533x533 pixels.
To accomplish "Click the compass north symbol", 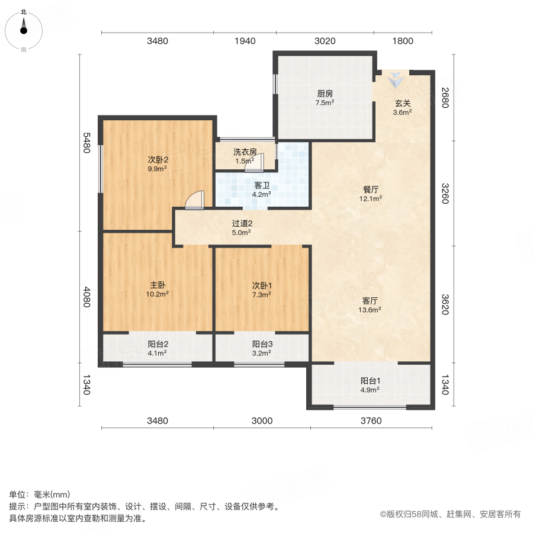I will pos(24,27).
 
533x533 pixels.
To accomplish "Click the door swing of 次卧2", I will pos(195,201).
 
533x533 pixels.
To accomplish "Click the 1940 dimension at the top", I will pos(245,41).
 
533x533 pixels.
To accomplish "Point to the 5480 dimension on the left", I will pos(86,142).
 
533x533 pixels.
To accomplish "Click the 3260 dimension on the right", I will pos(445,194).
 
